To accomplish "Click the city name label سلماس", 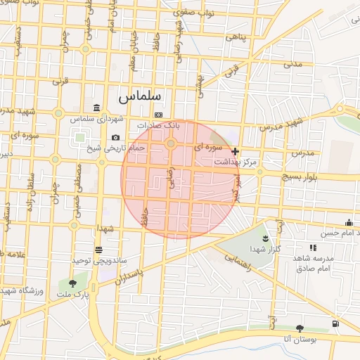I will click(140, 96).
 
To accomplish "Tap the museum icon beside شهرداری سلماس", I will click(96, 107).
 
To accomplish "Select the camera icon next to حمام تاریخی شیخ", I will click(115, 138).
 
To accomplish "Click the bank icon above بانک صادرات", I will click(158, 115).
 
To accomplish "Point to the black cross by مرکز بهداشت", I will click(235, 151).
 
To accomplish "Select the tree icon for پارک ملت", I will click(72, 283).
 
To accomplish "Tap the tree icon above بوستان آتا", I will click(300, 328).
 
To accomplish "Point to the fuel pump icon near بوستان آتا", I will click(335, 323).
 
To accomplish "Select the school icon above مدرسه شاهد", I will click(312, 247).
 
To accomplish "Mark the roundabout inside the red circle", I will click(170, 144).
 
